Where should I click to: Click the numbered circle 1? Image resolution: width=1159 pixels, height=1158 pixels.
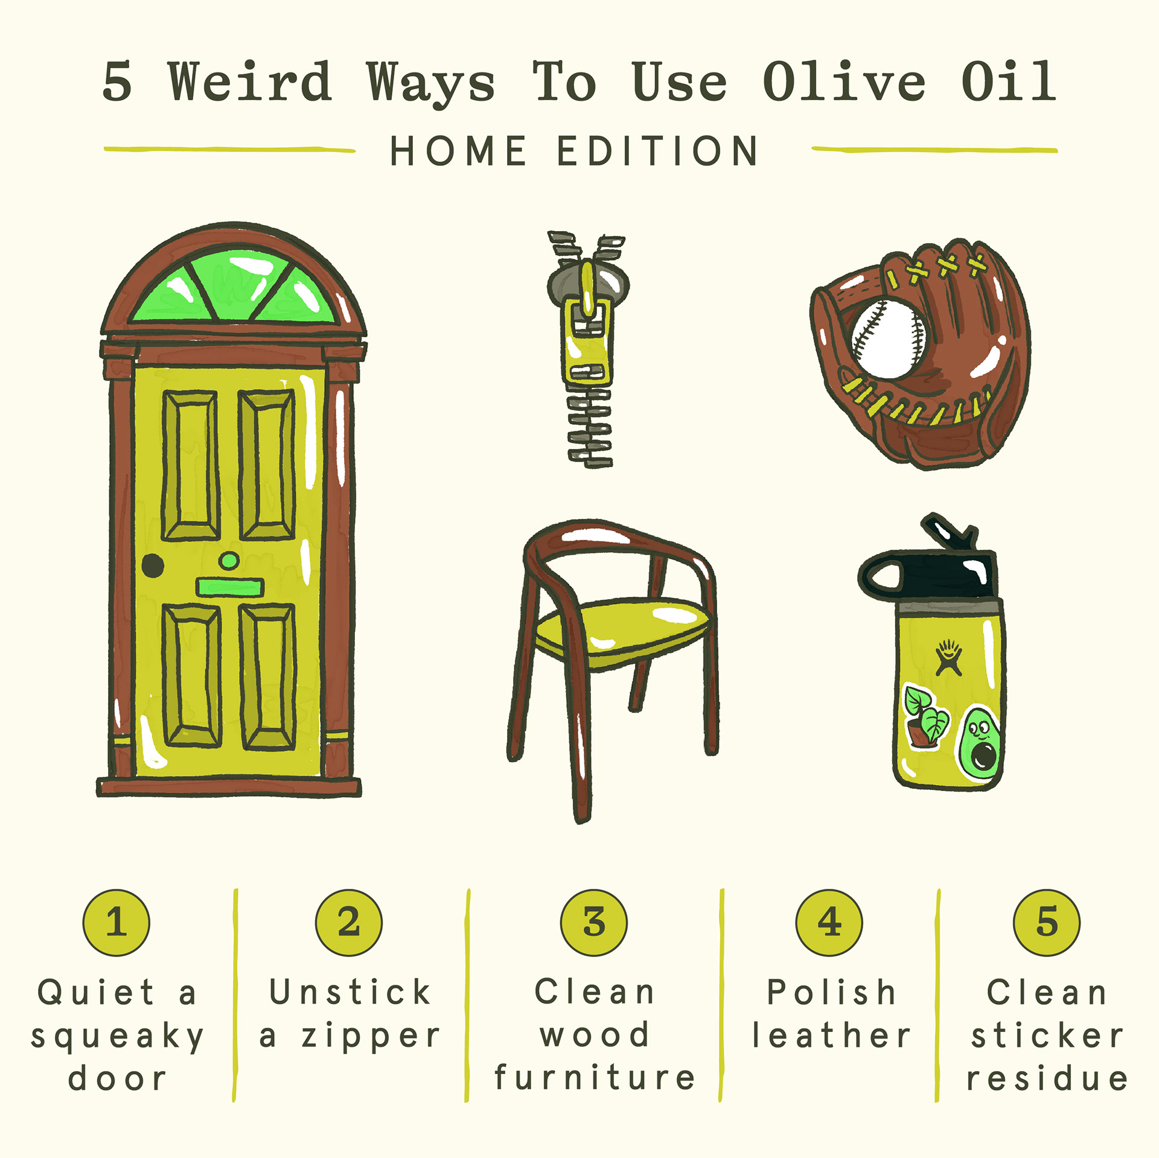tap(116, 922)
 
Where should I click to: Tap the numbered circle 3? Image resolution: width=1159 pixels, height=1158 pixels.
tap(594, 922)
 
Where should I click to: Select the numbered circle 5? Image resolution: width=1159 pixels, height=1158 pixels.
tap(1047, 922)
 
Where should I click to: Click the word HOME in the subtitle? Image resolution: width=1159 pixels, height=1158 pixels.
tap(458, 150)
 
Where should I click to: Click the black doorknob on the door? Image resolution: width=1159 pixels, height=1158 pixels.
tap(153, 565)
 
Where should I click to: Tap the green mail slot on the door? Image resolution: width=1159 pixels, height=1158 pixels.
tap(229, 587)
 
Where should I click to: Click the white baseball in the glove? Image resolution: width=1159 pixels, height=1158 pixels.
tap(887, 339)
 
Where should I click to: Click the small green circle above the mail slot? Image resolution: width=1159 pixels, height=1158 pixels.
tap(229, 561)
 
